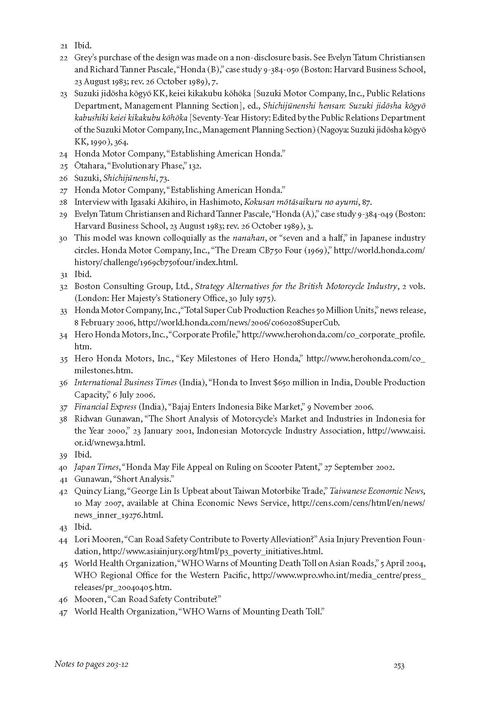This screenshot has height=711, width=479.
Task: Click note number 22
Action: click(63, 58)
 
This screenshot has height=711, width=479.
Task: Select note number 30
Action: click(63, 238)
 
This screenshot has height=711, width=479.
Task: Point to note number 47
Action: click(63, 612)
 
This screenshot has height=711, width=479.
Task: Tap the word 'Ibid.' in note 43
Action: click(83, 527)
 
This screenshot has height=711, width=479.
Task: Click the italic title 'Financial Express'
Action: click(105, 407)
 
